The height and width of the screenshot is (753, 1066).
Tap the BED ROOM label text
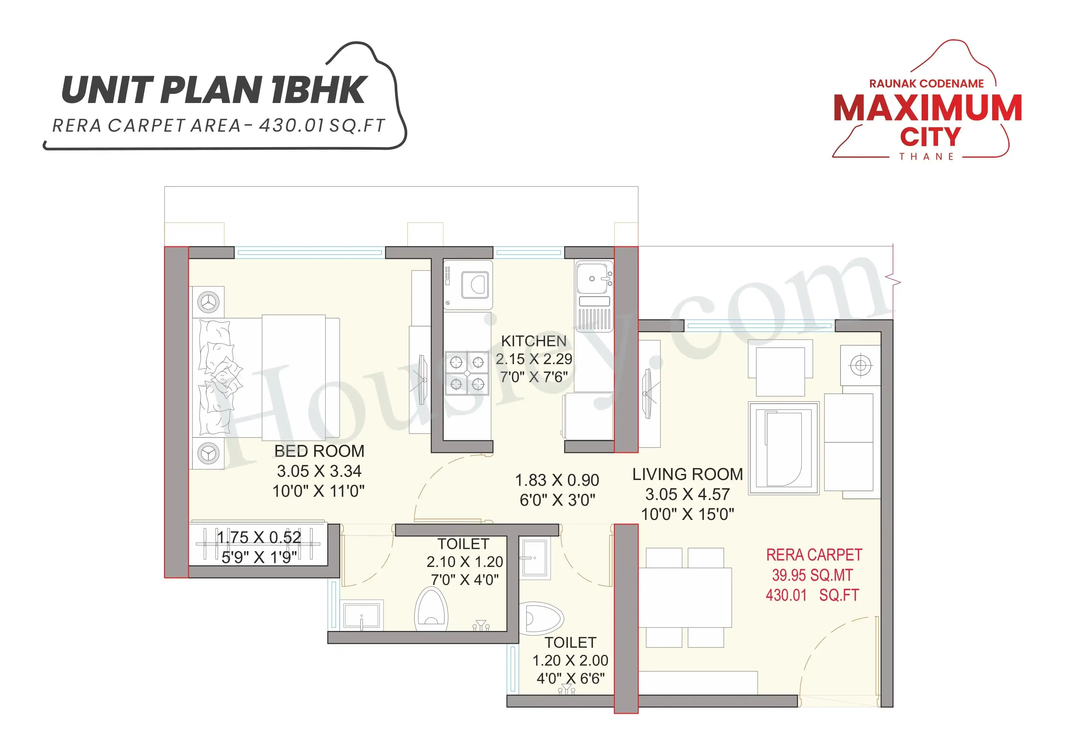tap(319, 451)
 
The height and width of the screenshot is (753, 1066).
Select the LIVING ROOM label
tap(687, 474)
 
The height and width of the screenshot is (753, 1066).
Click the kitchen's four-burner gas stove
tap(467, 373)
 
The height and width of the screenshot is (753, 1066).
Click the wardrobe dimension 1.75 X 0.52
tap(259, 537)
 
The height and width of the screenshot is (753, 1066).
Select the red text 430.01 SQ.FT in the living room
tap(812, 595)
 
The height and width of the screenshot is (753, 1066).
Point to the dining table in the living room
tap(684, 598)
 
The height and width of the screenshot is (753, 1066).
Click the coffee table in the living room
tap(784, 448)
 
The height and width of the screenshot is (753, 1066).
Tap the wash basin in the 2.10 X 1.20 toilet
tap(362, 616)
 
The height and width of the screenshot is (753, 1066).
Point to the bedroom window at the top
tap(309, 253)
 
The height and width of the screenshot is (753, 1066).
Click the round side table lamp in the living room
tap(860, 366)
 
